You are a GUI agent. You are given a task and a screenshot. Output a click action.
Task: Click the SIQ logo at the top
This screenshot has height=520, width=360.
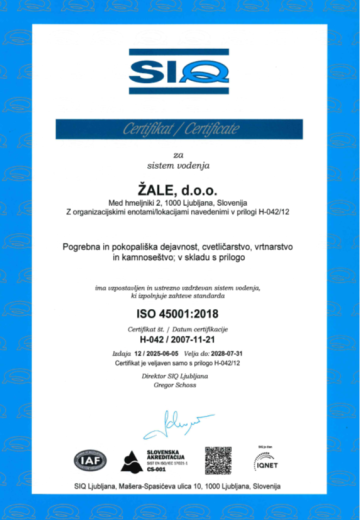coord(180,73)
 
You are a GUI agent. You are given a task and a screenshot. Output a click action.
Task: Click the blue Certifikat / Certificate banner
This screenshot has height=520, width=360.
coord(180,128)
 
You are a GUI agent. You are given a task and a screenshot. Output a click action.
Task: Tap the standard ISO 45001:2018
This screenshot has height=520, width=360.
coord(179,314)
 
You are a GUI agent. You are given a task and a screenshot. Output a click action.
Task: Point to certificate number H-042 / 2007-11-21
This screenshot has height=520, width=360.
coord(179,340)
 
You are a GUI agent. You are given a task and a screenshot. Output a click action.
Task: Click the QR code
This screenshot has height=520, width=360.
coord(218,460)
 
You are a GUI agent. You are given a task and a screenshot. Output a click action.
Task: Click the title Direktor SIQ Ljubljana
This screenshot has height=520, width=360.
coord(180,376)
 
